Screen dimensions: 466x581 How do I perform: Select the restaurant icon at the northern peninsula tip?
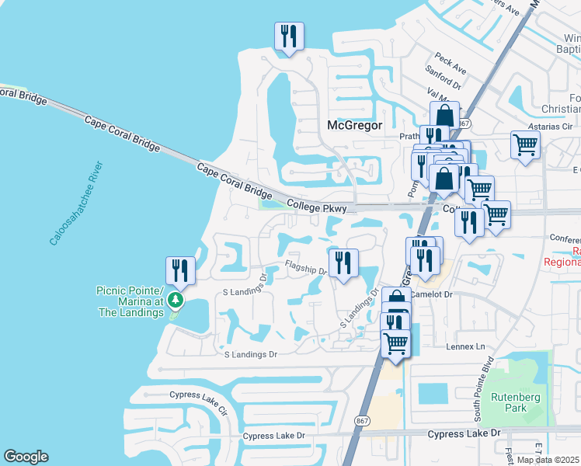289,36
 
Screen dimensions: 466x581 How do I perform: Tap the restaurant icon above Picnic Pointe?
180,270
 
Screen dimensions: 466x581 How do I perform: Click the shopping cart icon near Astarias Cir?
526,144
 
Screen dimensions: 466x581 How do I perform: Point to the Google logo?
26,457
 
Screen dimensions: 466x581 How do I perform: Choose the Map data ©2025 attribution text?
547,460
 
